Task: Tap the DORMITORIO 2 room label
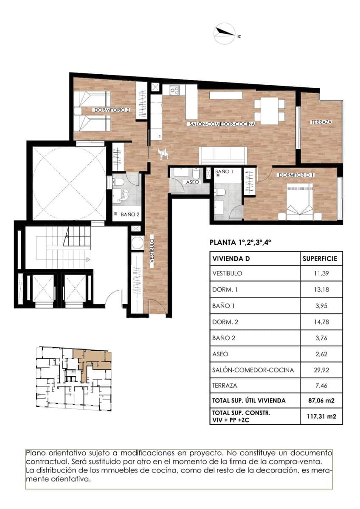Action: tap(112, 109)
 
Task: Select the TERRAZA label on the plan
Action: tap(321, 122)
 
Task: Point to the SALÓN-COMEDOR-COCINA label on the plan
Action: tap(222, 124)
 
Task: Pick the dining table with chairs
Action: tap(269, 111)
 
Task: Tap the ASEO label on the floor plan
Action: tap(192, 182)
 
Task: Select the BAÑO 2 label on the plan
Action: tap(130, 215)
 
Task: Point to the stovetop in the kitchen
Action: tap(174, 90)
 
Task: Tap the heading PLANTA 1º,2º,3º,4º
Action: tap(240, 243)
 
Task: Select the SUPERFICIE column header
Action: tap(319, 258)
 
